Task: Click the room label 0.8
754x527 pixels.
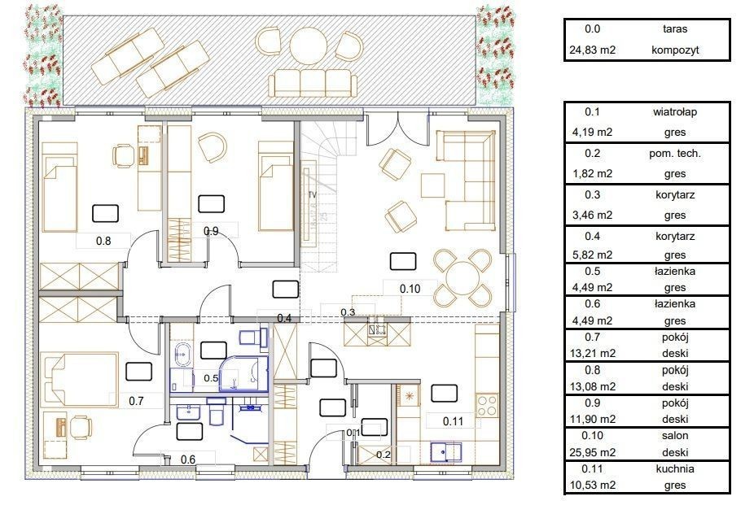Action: [x=103, y=241]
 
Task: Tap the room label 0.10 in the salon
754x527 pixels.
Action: [x=410, y=289]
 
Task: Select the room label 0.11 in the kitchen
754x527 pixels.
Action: [x=453, y=421]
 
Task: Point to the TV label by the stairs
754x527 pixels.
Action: [x=313, y=194]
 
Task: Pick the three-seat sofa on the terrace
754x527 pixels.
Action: [x=313, y=84]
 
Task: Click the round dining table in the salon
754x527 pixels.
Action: [x=462, y=278]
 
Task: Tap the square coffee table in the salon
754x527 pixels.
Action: [x=433, y=185]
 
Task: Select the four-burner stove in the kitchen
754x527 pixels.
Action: [x=487, y=405]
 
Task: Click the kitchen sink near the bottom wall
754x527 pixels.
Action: [x=445, y=453]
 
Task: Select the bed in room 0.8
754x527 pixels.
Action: [x=60, y=187]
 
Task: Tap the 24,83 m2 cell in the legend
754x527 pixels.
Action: [x=593, y=50]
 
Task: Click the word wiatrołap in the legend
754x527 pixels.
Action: [x=675, y=112]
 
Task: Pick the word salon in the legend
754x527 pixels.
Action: [x=675, y=436]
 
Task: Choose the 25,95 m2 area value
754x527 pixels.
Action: [x=593, y=452]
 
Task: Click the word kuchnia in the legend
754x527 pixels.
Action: [x=675, y=469]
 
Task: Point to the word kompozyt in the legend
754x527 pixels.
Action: [x=675, y=50]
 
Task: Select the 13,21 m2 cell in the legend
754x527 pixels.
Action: [x=593, y=354]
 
